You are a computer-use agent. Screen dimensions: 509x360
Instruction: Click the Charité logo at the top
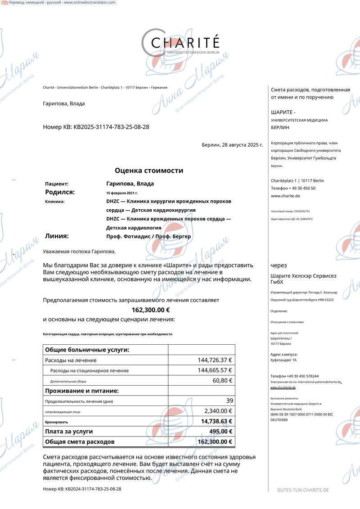tap(180, 43)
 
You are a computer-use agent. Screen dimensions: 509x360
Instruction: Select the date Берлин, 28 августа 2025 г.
tap(232, 145)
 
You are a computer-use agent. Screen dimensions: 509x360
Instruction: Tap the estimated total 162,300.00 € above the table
tap(150, 310)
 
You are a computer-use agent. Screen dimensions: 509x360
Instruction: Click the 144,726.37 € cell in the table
tap(215, 360)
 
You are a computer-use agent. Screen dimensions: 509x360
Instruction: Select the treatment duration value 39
tap(229, 401)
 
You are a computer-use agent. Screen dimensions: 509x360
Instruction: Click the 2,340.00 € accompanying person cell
tap(218, 411)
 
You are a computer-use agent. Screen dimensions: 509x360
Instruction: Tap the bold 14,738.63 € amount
tap(216, 421)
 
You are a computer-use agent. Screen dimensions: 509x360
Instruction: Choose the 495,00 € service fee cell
tap(220, 431)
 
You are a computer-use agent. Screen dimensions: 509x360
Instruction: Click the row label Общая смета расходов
tap(80, 441)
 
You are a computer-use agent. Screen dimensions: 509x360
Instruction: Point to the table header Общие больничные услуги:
tap(87, 350)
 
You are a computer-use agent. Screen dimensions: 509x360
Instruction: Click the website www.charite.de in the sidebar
tap(285, 196)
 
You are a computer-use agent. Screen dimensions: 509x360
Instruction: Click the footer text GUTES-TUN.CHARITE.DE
tap(303, 490)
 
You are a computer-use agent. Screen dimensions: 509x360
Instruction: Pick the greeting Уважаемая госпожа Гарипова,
tap(79, 252)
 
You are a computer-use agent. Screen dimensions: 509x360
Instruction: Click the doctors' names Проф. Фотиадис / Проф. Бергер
tap(148, 236)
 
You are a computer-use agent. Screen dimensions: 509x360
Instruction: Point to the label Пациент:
tap(57, 184)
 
